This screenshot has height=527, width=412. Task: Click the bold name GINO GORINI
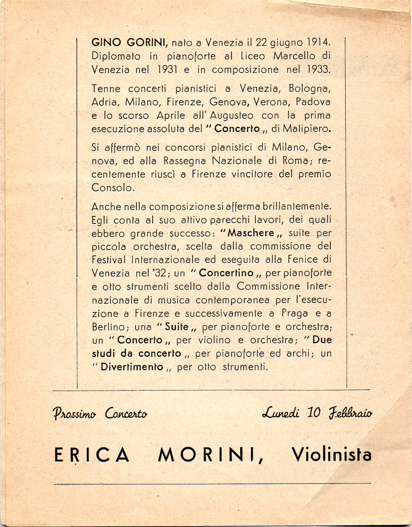tap(129, 43)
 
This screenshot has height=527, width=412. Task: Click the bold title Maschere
tap(251, 233)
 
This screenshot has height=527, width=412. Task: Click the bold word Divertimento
tap(132, 367)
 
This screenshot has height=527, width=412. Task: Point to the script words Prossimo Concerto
tap(100, 413)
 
